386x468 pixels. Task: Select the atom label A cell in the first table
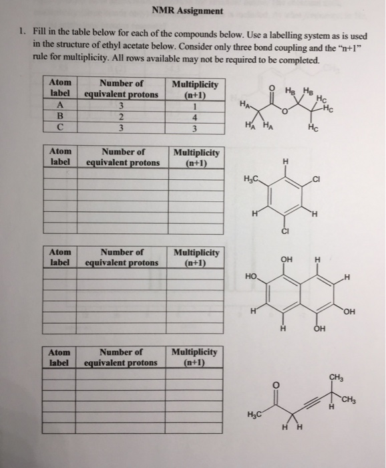61,104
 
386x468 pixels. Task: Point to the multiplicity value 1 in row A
194,104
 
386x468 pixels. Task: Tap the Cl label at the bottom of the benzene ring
286,232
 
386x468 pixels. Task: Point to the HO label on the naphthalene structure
250,275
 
